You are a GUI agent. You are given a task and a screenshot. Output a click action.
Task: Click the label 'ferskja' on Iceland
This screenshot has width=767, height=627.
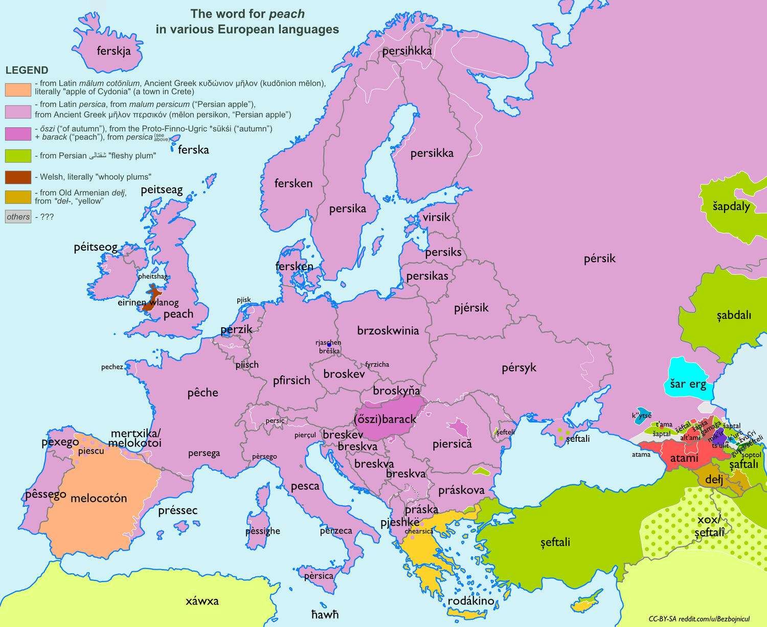(x=114, y=51)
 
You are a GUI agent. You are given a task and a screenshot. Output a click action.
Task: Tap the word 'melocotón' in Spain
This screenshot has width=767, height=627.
(x=98, y=498)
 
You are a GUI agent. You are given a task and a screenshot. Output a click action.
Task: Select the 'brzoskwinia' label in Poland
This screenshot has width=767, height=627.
(x=388, y=330)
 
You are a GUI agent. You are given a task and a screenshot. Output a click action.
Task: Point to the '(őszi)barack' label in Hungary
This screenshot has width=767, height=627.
(x=385, y=419)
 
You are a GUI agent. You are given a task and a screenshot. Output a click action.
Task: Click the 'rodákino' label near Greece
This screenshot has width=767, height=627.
(x=470, y=600)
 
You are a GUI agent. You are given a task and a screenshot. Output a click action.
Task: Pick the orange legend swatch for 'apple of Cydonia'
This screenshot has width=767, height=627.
(x=18, y=89)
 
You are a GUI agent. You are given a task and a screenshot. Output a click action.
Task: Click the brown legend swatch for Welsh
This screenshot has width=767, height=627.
(x=18, y=177)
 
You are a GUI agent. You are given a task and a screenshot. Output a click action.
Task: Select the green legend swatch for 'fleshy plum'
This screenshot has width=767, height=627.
(x=18, y=155)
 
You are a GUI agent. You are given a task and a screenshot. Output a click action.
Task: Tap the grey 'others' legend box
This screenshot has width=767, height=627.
(x=18, y=217)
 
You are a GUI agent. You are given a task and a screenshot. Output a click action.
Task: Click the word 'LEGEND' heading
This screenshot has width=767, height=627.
(x=27, y=70)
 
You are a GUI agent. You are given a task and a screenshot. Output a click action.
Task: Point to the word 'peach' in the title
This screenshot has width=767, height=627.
(x=287, y=14)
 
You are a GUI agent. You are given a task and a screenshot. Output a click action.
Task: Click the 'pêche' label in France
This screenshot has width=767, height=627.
(x=202, y=393)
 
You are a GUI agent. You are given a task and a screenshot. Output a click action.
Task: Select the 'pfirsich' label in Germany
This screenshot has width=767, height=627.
(x=291, y=380)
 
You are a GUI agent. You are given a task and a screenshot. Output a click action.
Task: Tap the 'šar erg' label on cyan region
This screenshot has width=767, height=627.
(x=688, y=384)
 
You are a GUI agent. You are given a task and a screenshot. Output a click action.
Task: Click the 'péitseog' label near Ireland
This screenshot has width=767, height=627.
(x=96, y=248)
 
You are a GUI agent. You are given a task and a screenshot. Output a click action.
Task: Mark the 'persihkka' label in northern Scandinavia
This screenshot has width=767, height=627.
(x=407, y=51)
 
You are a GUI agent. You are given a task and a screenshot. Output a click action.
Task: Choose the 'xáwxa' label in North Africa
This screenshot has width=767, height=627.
(x=202, y=601)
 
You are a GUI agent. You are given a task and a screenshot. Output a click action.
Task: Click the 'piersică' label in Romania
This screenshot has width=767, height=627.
(x=452, y=444)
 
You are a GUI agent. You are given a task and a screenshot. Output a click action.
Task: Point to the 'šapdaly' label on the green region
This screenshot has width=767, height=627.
(x=731, y=206)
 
